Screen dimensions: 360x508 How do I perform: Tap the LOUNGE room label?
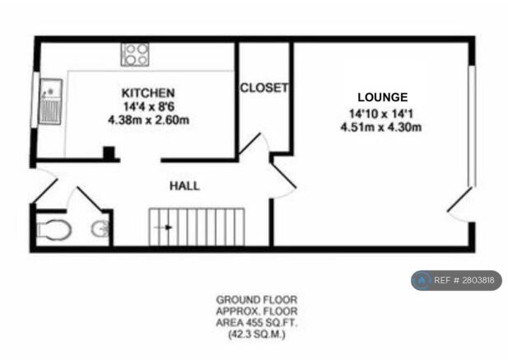pyautogui.click(x=382, y=97)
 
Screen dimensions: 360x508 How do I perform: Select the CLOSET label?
pyautogui.click(x=263, y=87)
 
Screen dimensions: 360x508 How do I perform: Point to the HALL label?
pyautogui.click(x=184, y=187)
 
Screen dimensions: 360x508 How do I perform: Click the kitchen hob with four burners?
pyautogui.click(x=134, y=54)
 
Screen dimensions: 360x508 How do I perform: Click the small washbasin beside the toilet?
pyautogui.click(x=100, y=229)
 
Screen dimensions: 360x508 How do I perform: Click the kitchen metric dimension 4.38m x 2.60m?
pyautogui.click(x=148, y=119)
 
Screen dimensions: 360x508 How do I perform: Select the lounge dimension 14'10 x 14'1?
pyautogui.click(x=381, y=113)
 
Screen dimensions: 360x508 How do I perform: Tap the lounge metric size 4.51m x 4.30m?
pyautogui.click(x=381, y=127)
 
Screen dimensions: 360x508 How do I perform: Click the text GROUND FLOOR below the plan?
pyautogui.click(x=256, y=299)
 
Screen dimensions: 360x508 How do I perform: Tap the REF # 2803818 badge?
pyautogui.click(x=456, y=280)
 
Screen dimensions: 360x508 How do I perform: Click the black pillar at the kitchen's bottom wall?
pyautogui.click(x=108, y=153)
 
